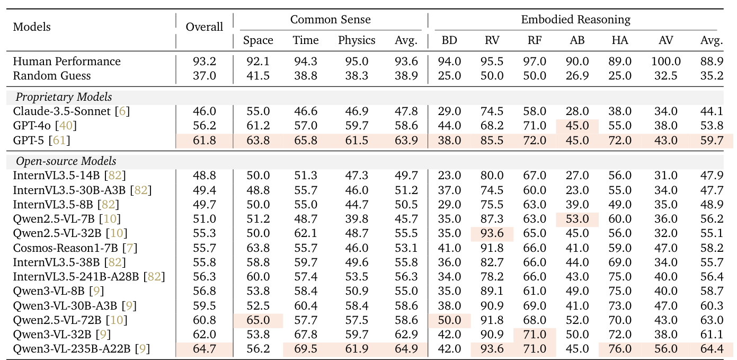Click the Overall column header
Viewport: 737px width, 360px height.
(x=205, y=27)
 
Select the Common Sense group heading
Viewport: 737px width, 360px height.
(x=330, y=20)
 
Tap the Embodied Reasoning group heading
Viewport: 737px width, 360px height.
(x=575, y=20)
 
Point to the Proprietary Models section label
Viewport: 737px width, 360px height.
(x=64, y=97)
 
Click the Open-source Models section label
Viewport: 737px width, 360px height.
(x=66, y=161)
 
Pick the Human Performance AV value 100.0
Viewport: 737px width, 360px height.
(x=666, y=62)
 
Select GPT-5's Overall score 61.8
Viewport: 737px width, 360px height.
(x=205, y=141)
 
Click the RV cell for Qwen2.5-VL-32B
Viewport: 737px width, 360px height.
(x=492, y=233)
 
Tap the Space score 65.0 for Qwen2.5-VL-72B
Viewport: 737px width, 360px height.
(x=258, y=320)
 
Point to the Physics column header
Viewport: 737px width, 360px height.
(x=357, y=40)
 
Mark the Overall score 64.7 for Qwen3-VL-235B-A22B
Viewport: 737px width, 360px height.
(x=205, y=349)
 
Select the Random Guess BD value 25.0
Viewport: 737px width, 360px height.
(x=450, y=76)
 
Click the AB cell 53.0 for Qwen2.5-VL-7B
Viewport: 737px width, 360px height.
(x=578, y=219)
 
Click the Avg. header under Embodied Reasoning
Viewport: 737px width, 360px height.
(x=712, y=40)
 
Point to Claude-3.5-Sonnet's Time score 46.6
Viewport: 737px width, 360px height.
(x=306, y=111)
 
